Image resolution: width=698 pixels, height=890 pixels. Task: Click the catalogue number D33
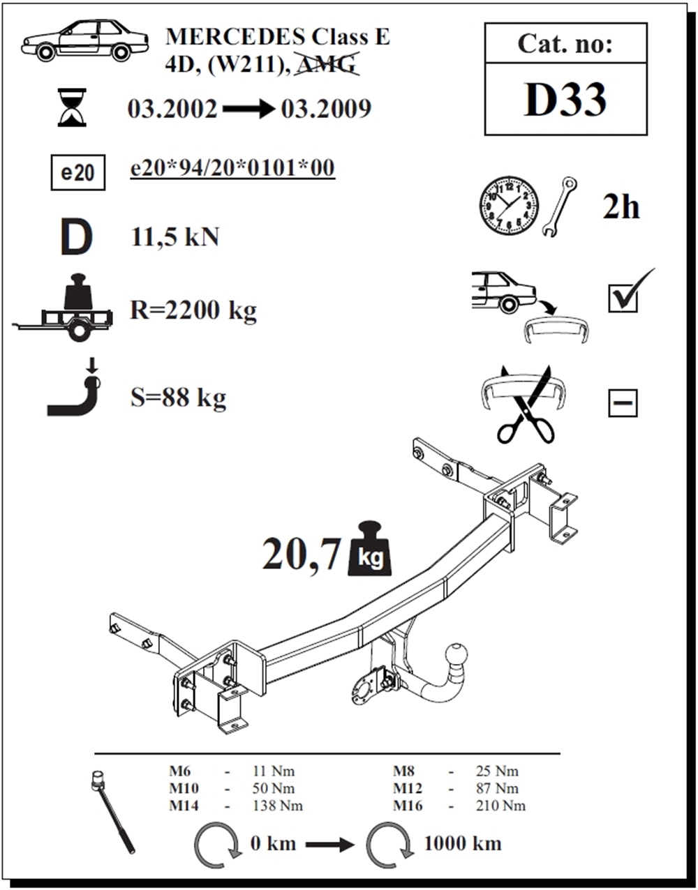565,100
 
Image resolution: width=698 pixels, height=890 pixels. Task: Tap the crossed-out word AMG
327,64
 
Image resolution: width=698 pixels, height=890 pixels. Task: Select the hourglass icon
72,107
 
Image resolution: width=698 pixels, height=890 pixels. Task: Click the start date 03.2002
172,109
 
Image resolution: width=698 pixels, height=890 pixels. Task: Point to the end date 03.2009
326,109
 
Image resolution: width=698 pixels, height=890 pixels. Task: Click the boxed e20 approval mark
78,172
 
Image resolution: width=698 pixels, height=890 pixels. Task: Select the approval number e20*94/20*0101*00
232,167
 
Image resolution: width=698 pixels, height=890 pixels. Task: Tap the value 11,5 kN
175,236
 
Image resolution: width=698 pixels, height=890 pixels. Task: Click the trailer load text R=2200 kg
193,310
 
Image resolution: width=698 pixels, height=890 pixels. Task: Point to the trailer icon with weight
62,308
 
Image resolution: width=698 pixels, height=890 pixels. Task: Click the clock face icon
509,206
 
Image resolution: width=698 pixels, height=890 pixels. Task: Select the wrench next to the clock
560,207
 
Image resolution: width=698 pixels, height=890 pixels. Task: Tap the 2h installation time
621,207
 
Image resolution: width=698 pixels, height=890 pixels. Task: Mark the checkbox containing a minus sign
623,402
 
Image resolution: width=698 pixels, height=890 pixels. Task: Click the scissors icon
526,405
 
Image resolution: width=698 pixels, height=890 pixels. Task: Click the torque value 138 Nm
278,806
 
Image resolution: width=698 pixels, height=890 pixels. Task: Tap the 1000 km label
462,844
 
